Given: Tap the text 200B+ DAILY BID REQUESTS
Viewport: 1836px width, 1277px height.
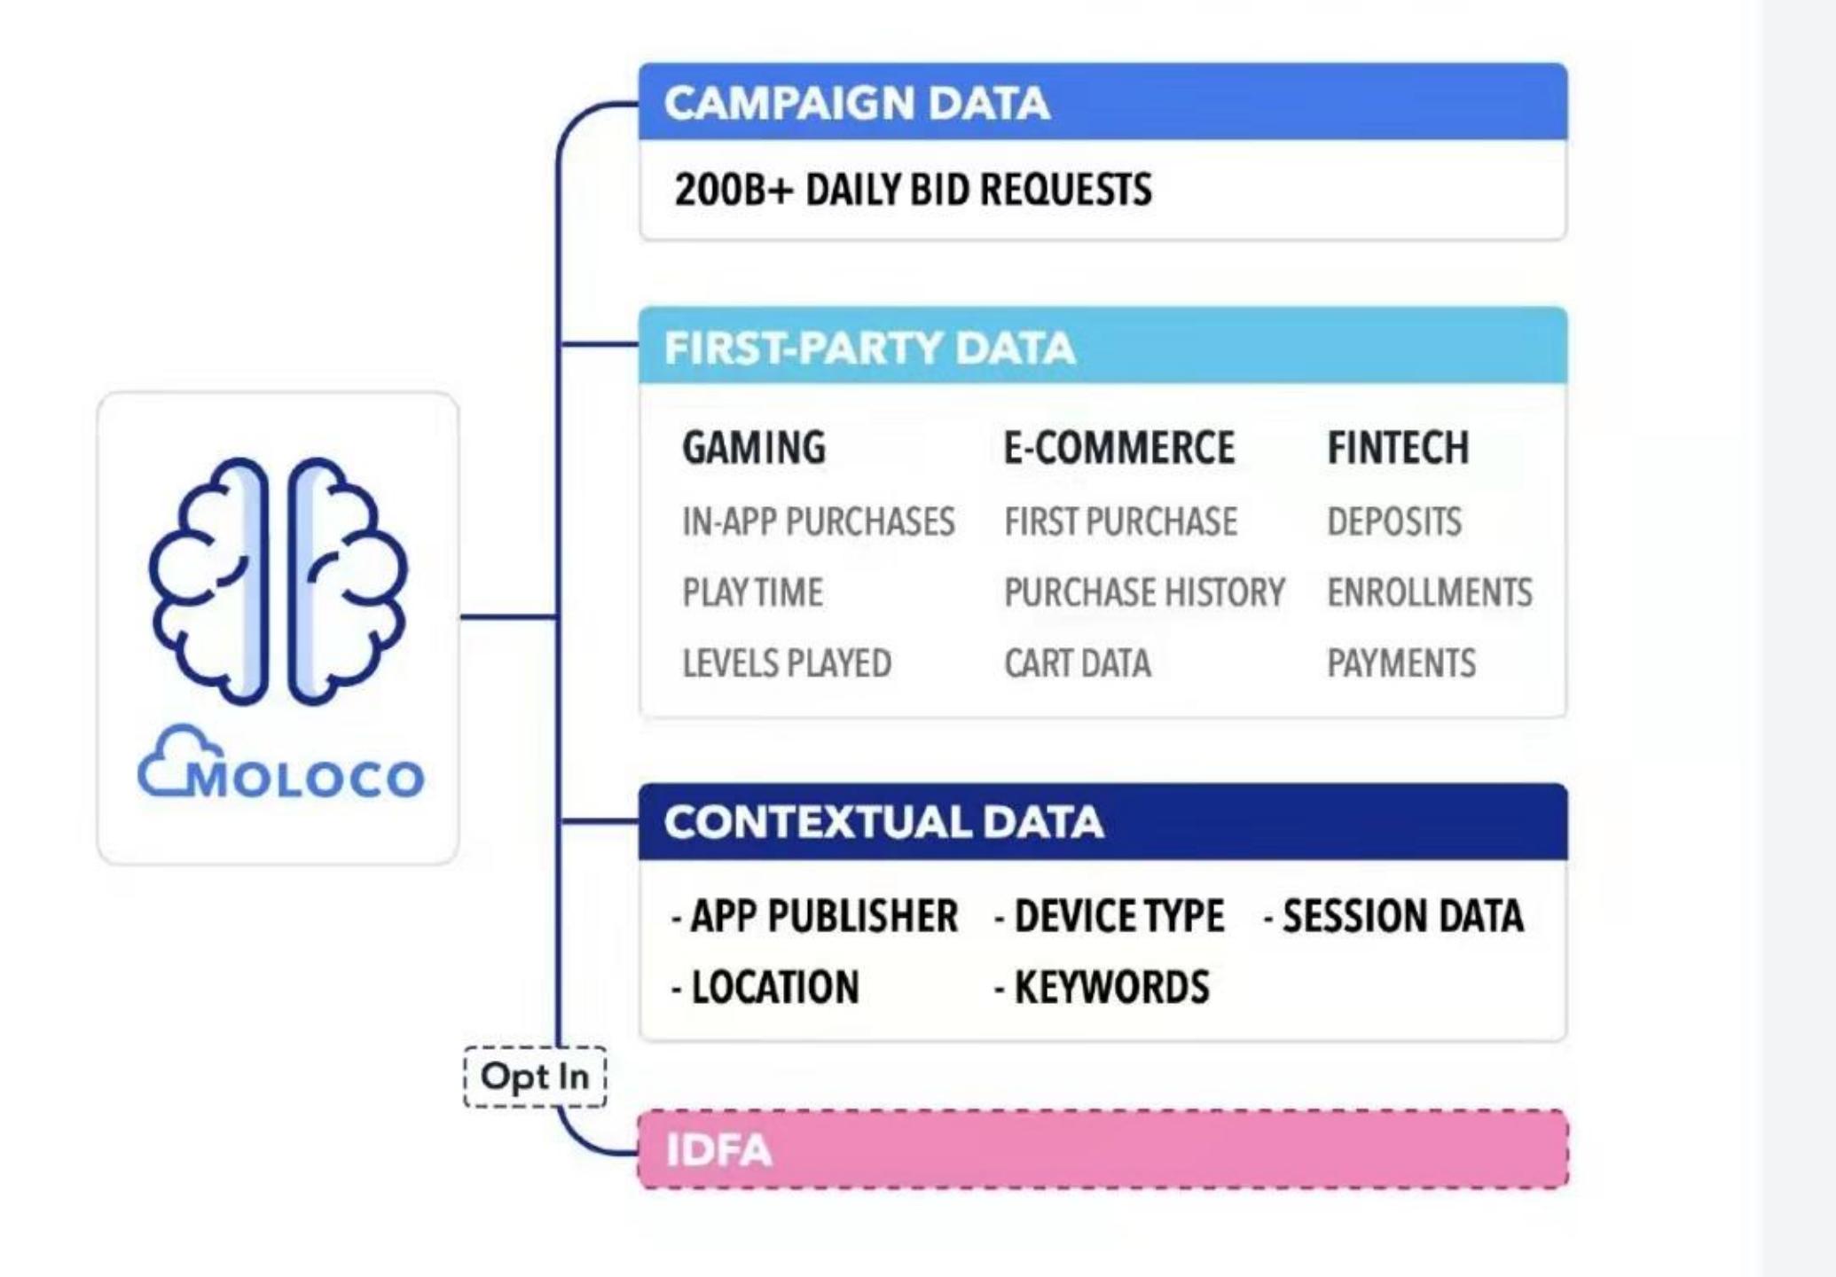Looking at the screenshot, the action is click(913, 190).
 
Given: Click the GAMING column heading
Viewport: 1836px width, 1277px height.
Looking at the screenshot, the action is click(754, 447).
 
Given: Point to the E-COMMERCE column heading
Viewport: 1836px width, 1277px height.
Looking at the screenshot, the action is click(1118, 447).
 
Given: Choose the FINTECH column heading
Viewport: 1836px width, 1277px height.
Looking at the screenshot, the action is click(1398, 447).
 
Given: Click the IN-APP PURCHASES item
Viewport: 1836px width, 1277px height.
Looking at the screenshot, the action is click(818, 521).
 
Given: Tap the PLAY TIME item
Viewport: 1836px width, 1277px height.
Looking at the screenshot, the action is click(752, 592).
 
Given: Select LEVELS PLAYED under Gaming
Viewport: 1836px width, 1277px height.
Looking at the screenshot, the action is click(787, 663).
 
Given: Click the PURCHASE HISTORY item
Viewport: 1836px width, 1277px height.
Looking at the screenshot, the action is click(1144, 592).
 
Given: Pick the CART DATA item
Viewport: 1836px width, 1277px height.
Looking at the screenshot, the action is click(1078, 663).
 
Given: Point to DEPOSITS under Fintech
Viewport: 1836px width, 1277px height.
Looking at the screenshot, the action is click(1394, 521).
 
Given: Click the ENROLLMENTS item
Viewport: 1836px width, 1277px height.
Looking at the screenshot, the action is click(1430, 592).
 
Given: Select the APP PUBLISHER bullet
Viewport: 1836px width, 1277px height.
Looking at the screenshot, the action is click(815, 916).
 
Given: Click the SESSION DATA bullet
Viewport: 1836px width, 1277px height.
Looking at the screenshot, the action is click(1393, 916).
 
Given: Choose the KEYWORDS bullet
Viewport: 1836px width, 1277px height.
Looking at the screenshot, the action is click(1102, 987).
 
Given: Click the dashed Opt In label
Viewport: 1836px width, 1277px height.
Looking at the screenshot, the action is click(535, 1077).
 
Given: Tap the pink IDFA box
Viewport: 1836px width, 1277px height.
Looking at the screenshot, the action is click(1102, 1149).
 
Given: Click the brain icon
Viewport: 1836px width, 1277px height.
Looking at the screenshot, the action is click(278, 581).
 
